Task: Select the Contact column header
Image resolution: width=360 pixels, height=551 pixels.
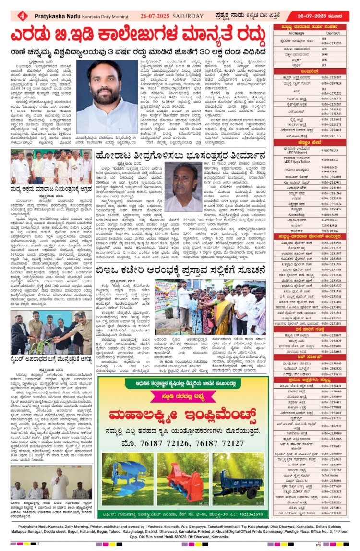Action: [333, 33]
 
